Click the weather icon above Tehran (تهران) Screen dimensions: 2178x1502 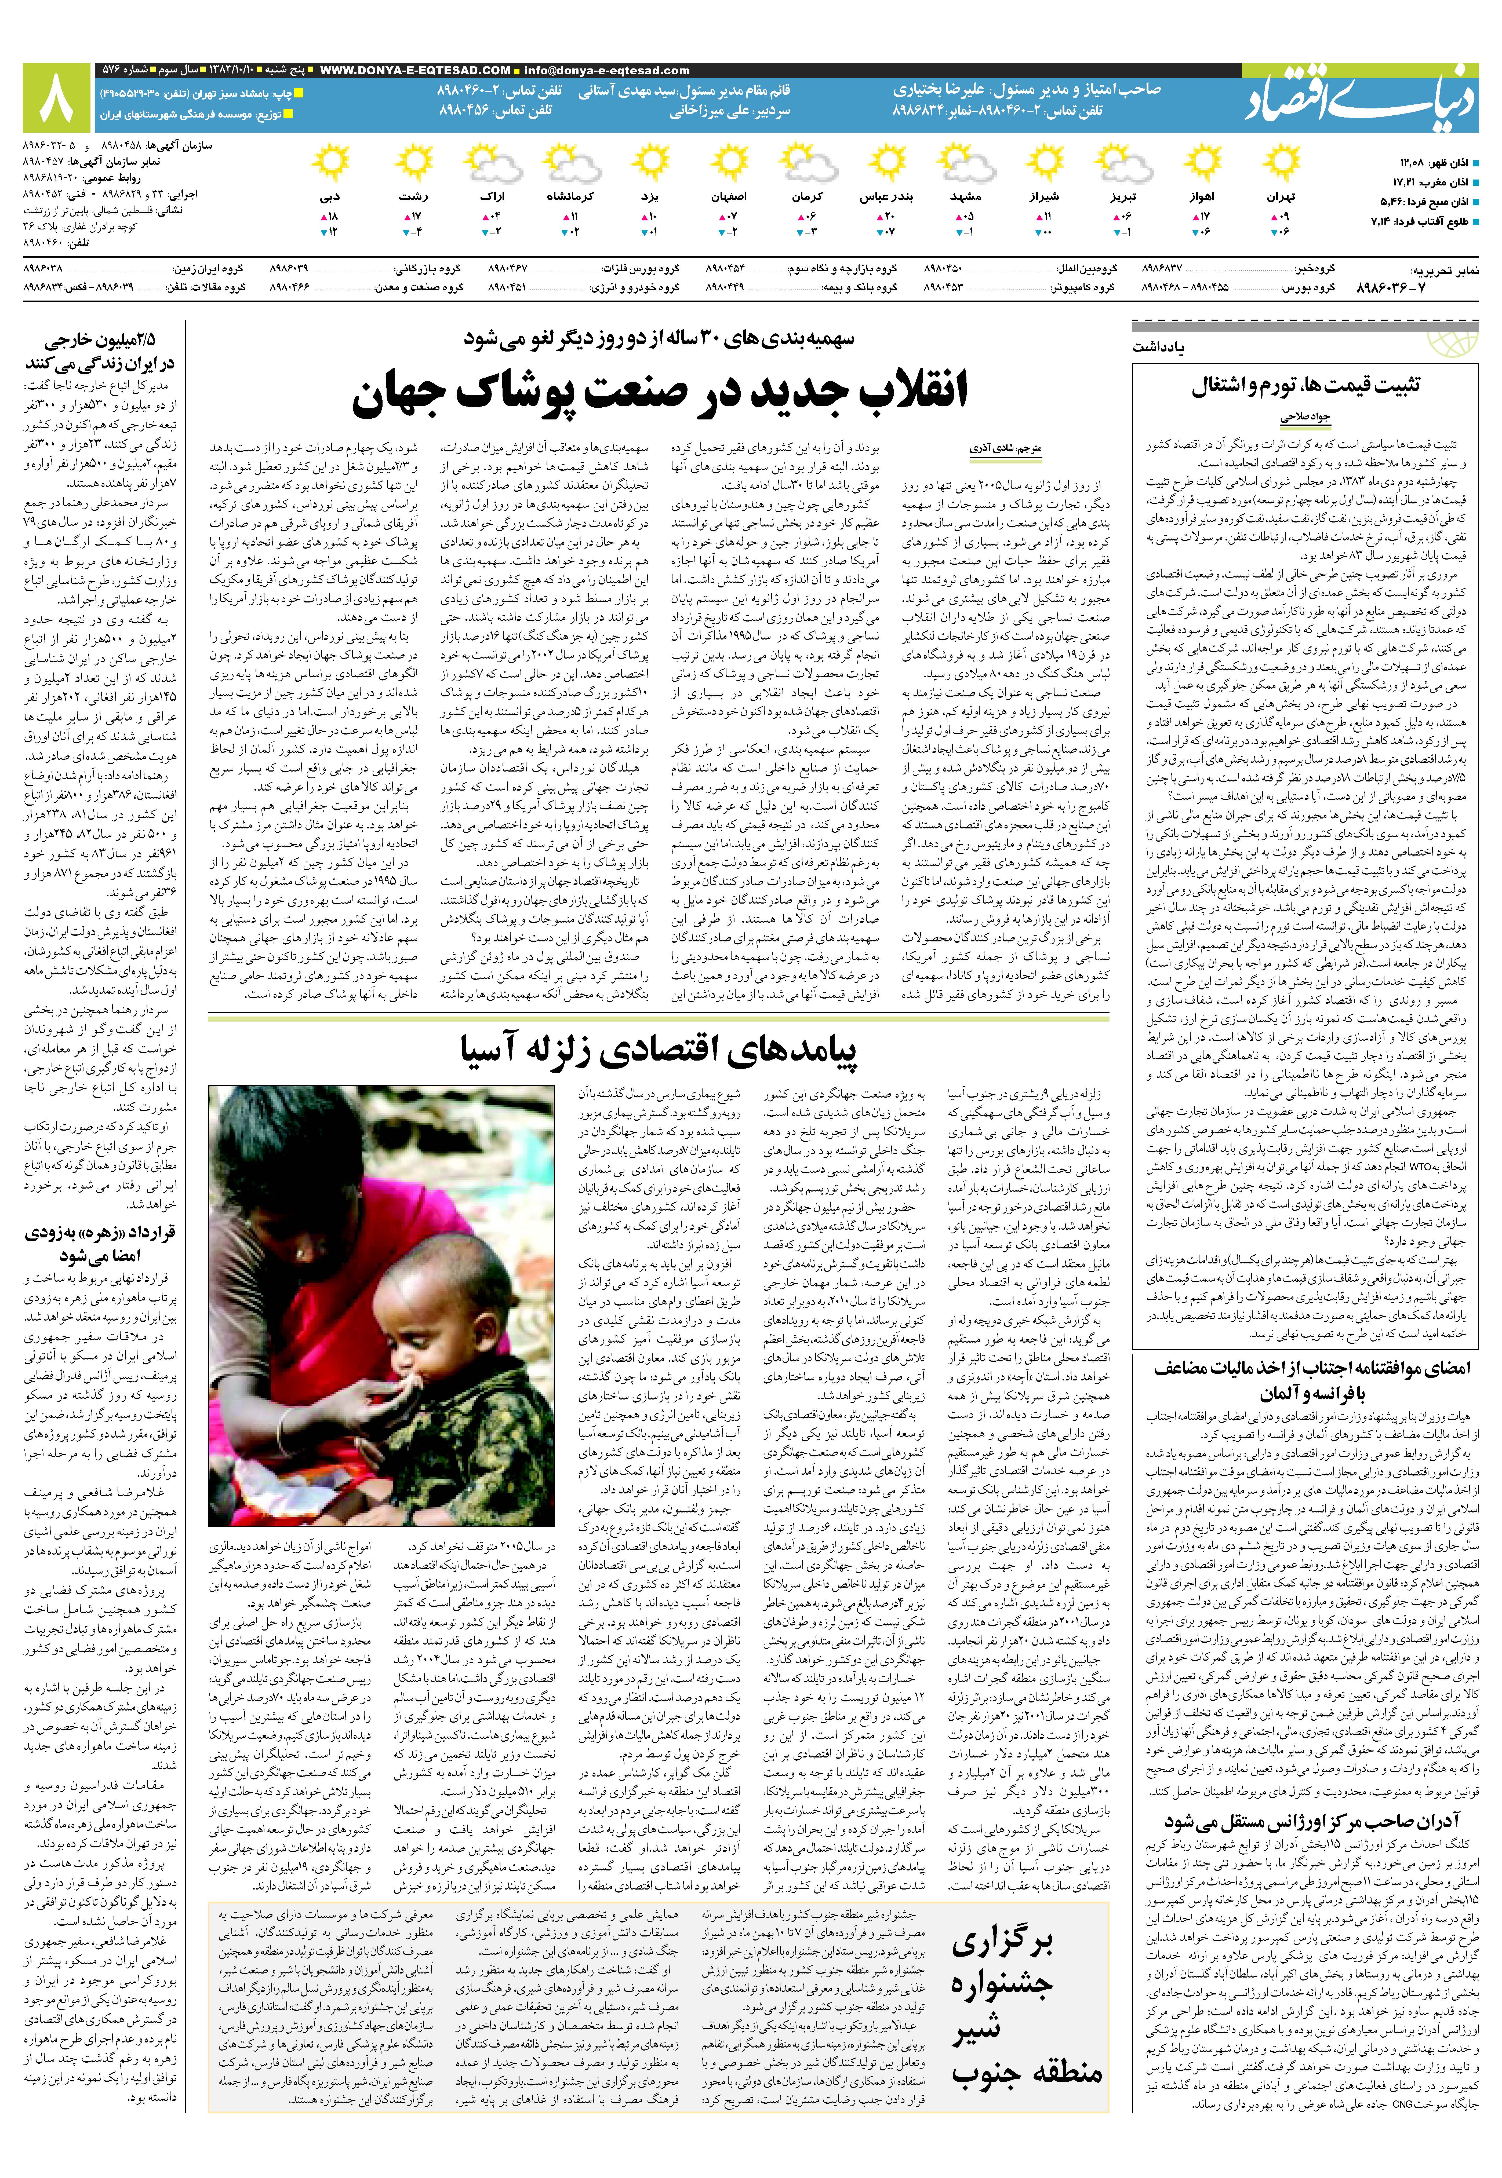(x=1281, y=163)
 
